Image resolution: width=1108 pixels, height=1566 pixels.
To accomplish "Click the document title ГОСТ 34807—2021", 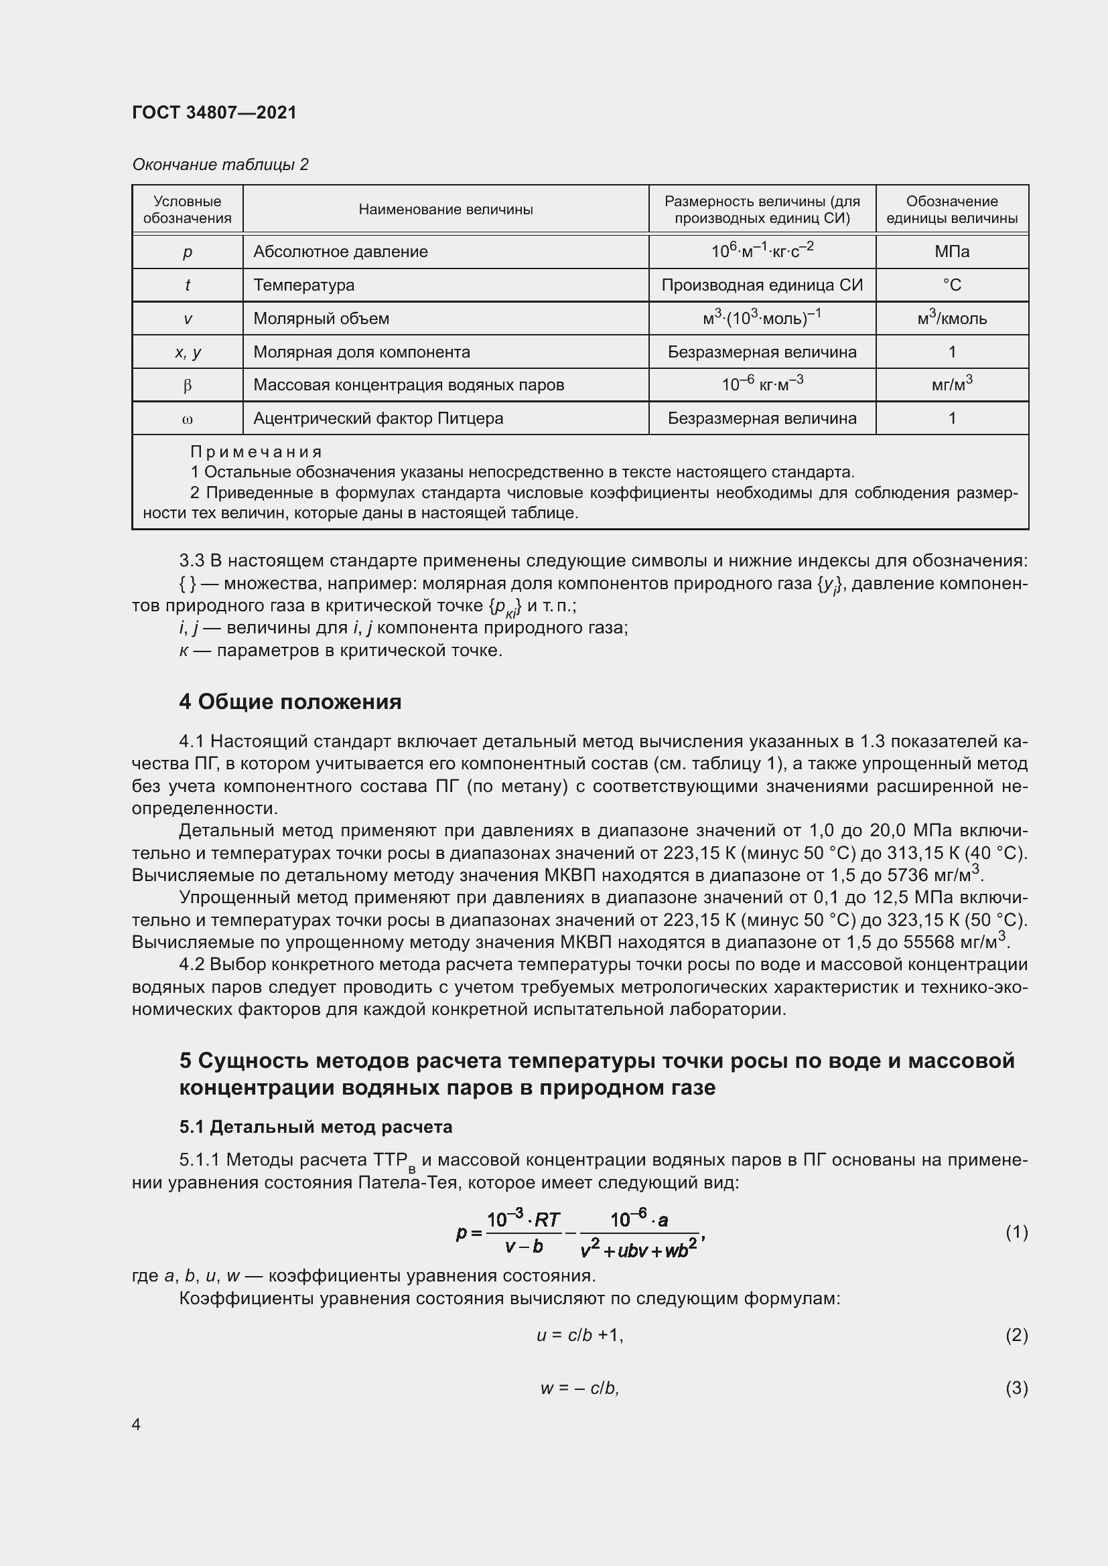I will coord(214,112).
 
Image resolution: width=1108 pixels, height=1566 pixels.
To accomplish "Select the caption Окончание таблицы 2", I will coord(220,165).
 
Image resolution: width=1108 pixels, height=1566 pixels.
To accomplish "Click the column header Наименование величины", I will coord(445,210).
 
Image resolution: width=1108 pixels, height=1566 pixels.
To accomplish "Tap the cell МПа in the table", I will coord(952,252).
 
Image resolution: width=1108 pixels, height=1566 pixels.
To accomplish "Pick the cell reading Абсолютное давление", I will coord(340,252).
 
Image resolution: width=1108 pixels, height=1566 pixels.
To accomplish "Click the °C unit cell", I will coord(952,285).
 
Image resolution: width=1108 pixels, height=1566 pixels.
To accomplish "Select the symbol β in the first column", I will coord(188,386).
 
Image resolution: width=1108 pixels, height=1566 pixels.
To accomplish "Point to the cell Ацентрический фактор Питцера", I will coord(378,418).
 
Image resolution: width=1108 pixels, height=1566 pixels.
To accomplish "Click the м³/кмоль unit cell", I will coord(952,319).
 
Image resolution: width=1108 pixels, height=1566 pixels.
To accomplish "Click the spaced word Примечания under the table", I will coord(256,451).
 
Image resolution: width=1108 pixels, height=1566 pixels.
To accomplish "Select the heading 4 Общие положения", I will coord(290,702).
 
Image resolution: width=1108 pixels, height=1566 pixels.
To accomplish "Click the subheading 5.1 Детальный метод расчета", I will coord(316,1127).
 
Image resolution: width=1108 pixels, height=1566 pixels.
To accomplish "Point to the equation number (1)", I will coord(1017,1232).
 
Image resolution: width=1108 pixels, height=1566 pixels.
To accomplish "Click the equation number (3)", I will coord(1017,1388).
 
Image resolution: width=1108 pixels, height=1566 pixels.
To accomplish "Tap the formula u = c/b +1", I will coord(580,1335).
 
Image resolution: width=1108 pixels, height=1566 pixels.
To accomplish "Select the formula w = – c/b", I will coord(580,1388).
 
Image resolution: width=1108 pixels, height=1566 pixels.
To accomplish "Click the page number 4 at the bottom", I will coord(137,1425).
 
